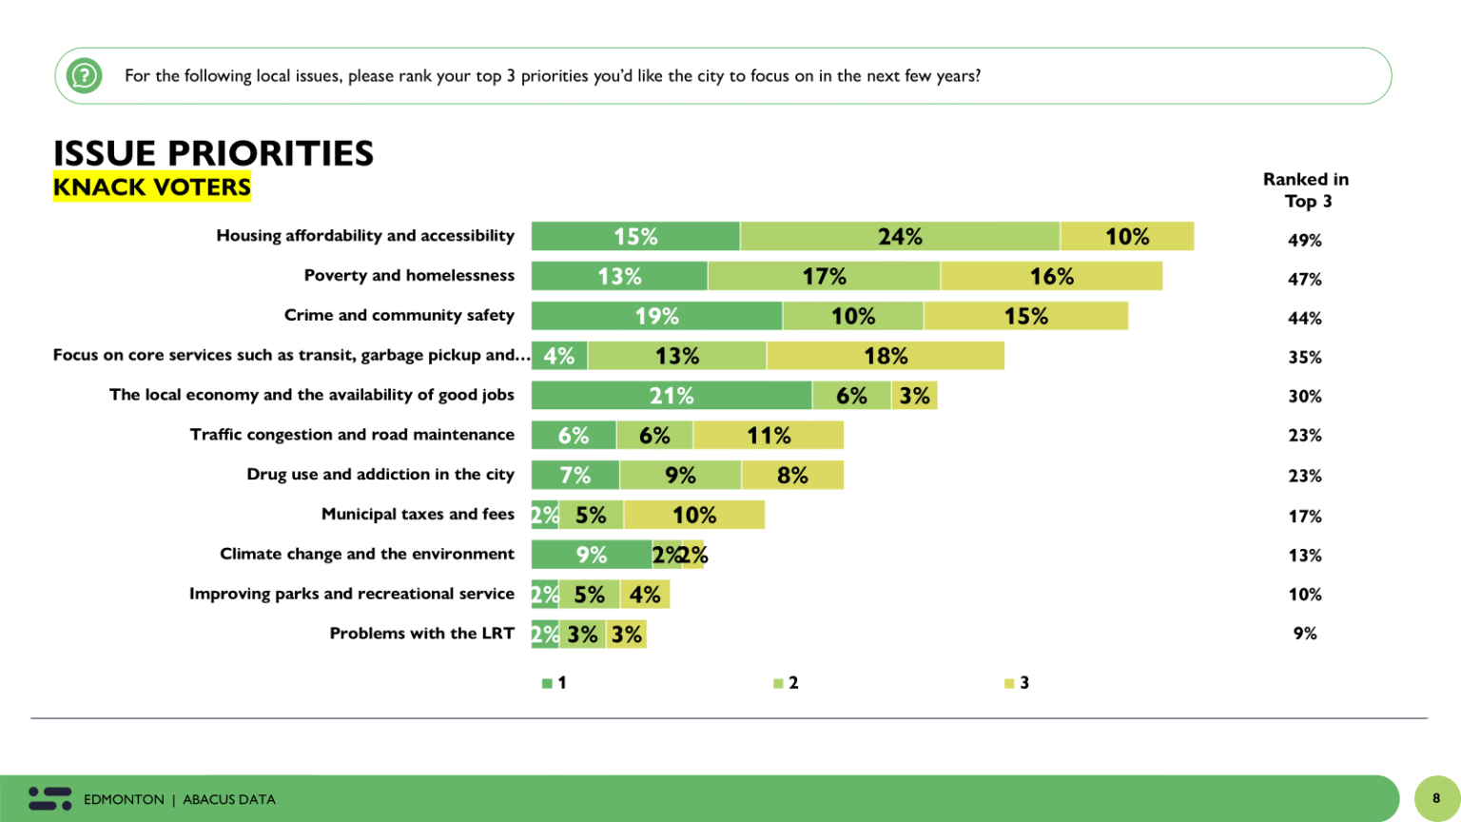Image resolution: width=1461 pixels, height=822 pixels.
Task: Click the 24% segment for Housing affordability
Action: (x=900, y=237)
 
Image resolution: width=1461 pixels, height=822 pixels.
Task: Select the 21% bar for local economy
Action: (x=672, y=396)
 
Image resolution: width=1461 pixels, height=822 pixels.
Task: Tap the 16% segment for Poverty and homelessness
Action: (x=1051, y=277)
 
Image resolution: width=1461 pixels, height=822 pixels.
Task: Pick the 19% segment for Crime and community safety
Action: (x=656, y=316)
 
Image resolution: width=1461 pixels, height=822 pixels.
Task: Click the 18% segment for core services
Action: (x=886, y=356)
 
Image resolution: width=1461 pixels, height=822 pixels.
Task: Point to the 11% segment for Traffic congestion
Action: (x=769, y=436)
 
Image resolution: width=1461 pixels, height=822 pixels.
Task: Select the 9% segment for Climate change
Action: (x=591, y=555)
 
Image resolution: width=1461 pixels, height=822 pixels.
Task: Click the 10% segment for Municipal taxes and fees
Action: (x=694, y=515)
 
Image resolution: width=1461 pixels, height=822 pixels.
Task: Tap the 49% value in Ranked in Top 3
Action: (x=1304, y=241)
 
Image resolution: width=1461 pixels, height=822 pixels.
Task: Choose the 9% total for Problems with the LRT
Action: (x=1304, y=634)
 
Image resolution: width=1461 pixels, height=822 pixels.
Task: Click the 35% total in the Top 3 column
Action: (x=1304, y=358)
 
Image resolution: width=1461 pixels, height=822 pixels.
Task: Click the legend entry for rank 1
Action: (x=554, y=683)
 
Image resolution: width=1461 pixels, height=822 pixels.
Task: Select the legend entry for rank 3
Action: (x=1017, y=683)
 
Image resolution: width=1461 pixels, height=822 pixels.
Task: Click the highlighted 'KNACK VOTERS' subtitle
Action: (x=152, y=187)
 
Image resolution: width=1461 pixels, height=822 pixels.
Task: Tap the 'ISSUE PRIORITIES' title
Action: (x=213, y=153)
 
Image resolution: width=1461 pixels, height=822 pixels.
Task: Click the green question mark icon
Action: (x=84, y=75)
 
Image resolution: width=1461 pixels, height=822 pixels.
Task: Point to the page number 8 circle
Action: (x=1436, y=798)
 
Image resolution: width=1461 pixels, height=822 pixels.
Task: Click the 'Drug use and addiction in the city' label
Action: (x=380, y=475)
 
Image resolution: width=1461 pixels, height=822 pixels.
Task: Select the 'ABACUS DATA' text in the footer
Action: (x=229, y=800)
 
